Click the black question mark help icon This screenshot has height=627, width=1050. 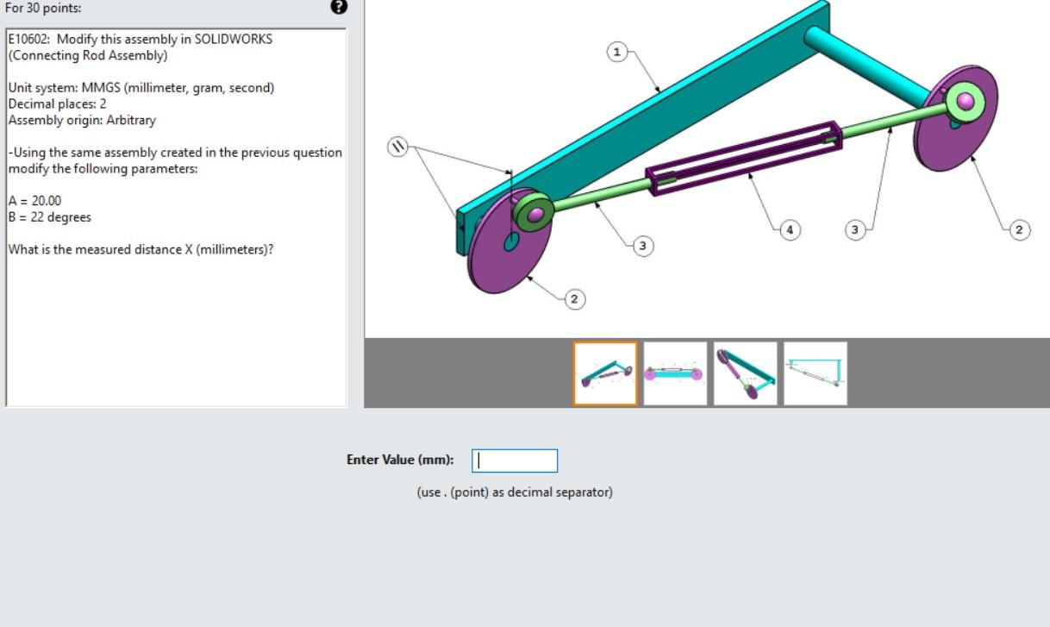pos(339,7)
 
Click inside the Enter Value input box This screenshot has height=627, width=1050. pos(515,461)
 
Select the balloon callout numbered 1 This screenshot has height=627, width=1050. pos(616,52)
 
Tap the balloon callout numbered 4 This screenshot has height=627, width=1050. pos(790,229)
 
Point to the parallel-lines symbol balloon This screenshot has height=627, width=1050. pos(397,147)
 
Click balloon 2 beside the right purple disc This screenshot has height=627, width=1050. pos(1019,229)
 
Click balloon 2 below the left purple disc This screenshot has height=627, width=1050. pos(575,298)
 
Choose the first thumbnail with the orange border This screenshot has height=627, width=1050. pos(605,373)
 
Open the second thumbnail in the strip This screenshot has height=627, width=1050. pos(675,373)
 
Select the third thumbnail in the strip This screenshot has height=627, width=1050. pos(745,373)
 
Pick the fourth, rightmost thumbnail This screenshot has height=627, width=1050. pos(816,373)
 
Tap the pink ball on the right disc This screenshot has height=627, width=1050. pos(966,102)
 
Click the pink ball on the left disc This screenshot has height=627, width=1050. pos(536,213)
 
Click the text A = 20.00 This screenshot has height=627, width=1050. pos(34,201)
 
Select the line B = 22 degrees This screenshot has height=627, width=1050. pos(49,217)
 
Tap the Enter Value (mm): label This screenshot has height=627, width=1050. pos(400,460)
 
